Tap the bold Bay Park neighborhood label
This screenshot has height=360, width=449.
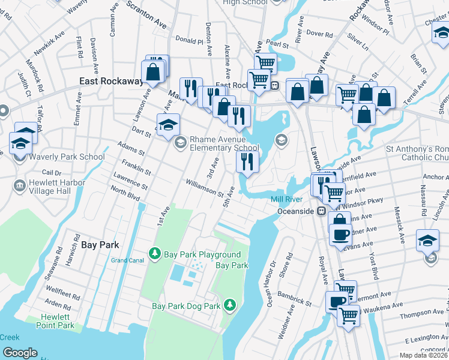(100, 245)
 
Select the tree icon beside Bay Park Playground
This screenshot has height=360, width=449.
(155, 254)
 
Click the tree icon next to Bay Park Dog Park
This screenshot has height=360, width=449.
(229, 305)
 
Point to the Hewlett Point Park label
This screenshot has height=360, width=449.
(58, 321)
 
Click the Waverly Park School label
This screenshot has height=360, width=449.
(65, 157)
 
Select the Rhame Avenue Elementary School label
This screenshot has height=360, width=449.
(224, 143)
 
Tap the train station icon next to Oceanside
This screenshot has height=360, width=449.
(322, 211)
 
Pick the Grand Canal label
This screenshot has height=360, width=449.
(127, 260)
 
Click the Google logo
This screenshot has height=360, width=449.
(20, 352)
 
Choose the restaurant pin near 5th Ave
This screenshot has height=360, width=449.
(247, 161)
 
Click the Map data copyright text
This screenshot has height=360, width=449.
(424, 355)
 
